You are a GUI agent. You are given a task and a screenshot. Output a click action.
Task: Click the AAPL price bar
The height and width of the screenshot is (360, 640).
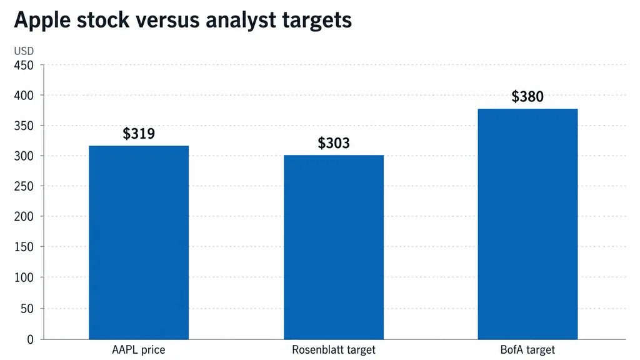tap(139, 242)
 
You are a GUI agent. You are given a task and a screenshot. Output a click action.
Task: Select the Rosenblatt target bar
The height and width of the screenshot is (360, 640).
tap(334, 247)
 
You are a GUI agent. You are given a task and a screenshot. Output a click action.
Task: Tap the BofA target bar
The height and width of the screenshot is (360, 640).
tap(527, 224)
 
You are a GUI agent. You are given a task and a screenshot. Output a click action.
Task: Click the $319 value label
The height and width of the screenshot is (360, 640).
tap(139, 134)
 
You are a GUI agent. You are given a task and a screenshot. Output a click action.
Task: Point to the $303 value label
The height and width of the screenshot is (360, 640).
tap(334, 143)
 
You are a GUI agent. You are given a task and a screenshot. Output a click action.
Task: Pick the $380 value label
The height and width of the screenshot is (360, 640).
tap(527, 96)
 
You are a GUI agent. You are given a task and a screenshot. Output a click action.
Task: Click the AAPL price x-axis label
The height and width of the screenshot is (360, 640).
tap(139, 350)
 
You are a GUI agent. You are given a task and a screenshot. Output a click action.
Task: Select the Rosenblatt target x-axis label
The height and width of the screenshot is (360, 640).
tap(334, 350)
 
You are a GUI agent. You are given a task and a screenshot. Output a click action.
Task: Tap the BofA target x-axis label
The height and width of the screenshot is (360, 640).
tap(527, 350)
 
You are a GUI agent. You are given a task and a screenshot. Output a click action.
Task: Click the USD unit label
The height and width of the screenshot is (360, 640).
tap(24, 51)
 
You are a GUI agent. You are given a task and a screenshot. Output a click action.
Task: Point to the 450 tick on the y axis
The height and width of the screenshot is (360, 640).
tap(24, 65)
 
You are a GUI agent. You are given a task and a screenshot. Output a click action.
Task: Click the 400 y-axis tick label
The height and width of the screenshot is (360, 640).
tap(24, 96)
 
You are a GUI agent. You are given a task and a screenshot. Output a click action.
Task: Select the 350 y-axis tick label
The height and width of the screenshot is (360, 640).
tap(24, 126)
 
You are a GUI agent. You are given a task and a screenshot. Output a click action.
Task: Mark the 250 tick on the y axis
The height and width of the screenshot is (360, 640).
tap(24, 186)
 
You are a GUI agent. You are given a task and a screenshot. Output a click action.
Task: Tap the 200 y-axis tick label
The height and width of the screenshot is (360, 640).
tap(24, 216)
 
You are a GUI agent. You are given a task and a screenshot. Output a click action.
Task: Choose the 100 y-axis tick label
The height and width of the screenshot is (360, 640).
tap(24, 277)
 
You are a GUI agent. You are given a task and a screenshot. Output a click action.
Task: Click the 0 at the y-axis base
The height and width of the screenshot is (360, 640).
tap(30, 339)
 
